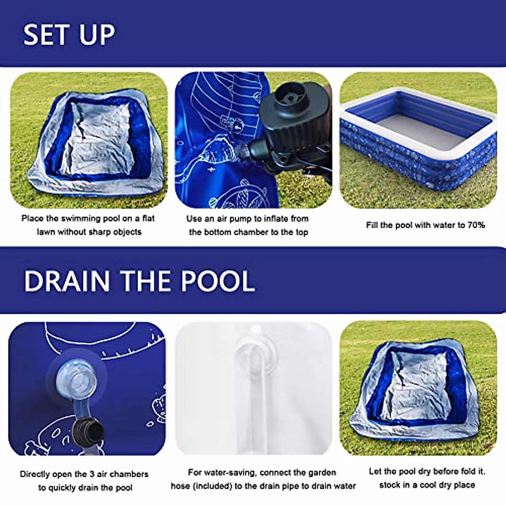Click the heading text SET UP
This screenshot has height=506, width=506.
click(69, 35)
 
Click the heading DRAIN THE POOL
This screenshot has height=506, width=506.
click(140, 281)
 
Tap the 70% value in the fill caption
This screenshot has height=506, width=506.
click(476, 225)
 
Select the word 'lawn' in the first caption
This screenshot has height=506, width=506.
click(46, 232)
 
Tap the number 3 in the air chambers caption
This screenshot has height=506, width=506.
click(92, 474)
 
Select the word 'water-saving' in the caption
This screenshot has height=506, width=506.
click(229, 473)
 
